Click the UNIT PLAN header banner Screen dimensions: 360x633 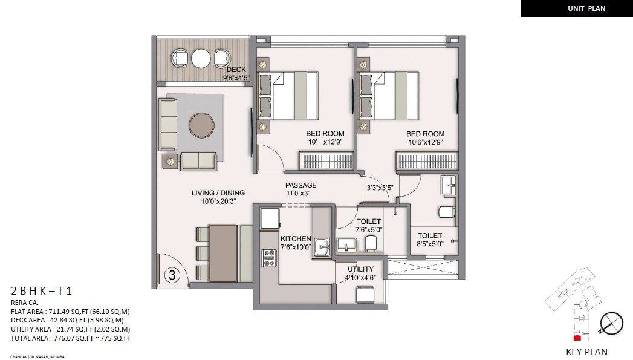point(577,8)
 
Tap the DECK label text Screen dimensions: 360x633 point(236,70)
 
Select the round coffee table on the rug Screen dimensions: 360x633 point(201,125)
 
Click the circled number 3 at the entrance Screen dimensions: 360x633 point(172,275)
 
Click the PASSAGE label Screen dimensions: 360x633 point(301,185)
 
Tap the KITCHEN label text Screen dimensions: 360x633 point(296,239)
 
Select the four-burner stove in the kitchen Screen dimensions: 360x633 point(268,258)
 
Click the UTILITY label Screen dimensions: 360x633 point(360,269)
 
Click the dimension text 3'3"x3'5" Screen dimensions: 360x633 point(379,188)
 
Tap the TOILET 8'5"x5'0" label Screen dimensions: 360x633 point(429,236)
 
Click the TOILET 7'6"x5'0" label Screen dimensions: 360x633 point(368,222)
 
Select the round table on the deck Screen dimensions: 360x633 point(200,58)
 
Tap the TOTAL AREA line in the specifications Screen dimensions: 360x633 point(71,338)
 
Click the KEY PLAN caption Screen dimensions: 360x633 point(586,352)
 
